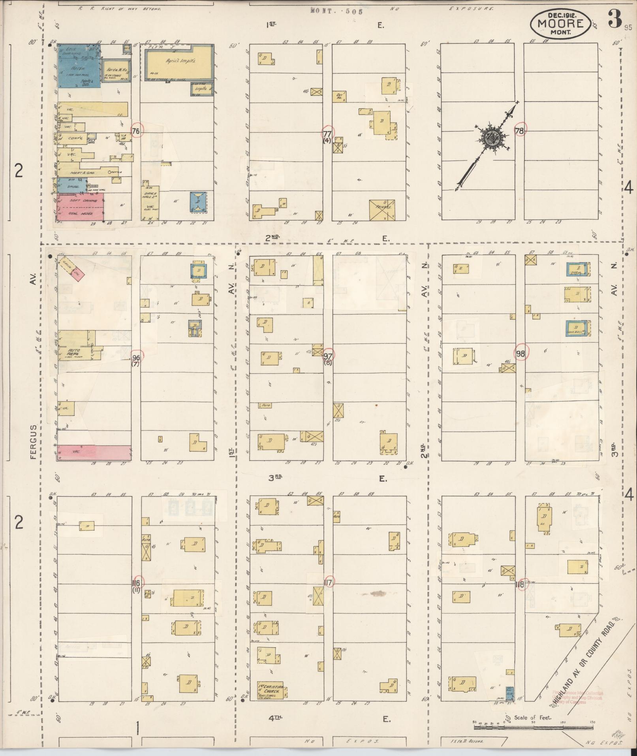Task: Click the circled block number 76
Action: tap(136, 131)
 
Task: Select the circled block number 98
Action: tap(520, 353)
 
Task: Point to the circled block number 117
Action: tap(328, 583)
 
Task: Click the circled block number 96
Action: tap(136, 357)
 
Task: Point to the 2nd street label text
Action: tap(272, 237)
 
